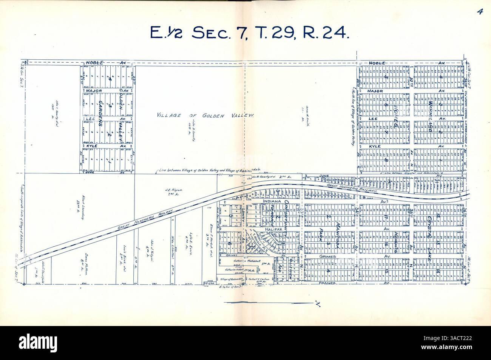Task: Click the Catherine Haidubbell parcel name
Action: pyautogui.click(x=239, y=261)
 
